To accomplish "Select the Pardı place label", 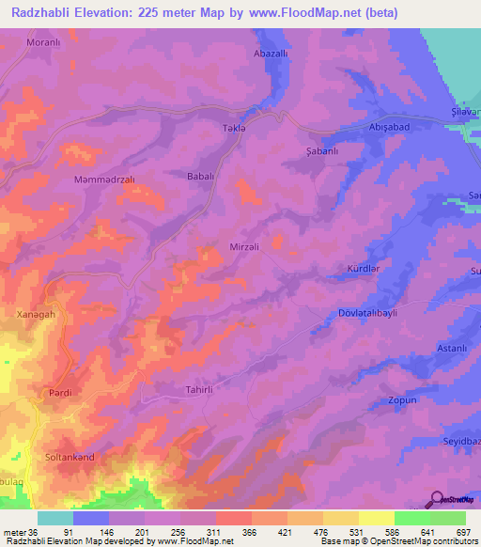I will click(60, 393).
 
